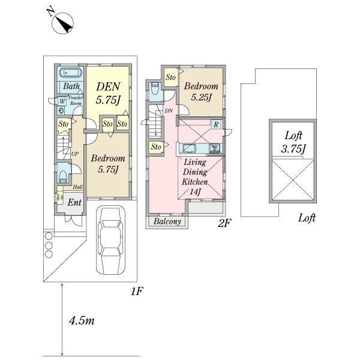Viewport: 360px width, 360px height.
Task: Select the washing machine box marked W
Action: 62,101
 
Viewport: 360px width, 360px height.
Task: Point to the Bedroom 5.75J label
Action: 108,163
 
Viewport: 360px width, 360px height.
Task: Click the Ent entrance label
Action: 74,203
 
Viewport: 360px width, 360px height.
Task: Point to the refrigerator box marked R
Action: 215,124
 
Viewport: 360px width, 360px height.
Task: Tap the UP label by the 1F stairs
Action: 75,154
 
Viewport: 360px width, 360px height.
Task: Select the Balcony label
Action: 167,221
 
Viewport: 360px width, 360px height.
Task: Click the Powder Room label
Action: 76,100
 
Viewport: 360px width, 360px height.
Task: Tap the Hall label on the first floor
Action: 78,187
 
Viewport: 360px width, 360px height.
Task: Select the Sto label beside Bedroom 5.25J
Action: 170,77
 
